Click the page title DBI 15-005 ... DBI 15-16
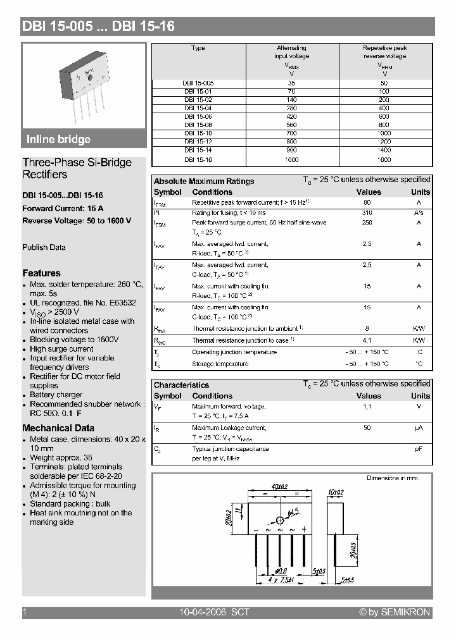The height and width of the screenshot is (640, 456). tap(98, 26)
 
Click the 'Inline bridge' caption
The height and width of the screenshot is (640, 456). tap(58, 140)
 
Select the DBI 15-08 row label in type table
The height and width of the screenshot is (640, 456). tap(198, 125)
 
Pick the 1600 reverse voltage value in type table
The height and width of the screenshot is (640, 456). tap(384, 159)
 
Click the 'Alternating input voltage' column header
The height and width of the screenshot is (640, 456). tap(291, 52)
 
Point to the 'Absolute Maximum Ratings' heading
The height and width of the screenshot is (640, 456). tap(204, 182)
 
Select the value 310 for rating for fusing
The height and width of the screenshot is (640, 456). tap(367, 213)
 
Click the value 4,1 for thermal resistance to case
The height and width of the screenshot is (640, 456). tap(367, 340)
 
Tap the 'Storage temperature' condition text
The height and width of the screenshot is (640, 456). tap(220, 364)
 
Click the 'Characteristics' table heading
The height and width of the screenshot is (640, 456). tap(181, 385)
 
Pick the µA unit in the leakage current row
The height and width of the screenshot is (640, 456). tap(419, 428)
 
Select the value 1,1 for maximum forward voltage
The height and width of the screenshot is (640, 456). tap(367, 407)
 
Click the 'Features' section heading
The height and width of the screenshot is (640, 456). tap(42, 273)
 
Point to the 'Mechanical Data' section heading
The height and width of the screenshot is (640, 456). tap(58, 428)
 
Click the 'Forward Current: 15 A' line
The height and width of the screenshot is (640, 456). tap(63, 208)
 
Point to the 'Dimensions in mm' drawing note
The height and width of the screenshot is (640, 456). tap(392, 478)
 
